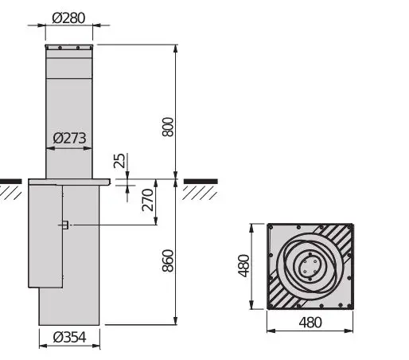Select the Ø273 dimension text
(x=70, y=138)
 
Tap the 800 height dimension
(x=167, y=126)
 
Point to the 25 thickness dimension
(x=119, y=161)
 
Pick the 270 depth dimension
(x=147, y=200)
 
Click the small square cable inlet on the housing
(x=64, y=225)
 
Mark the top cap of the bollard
(x=69, y=50)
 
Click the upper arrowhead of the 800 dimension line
(x=175, y=48)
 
